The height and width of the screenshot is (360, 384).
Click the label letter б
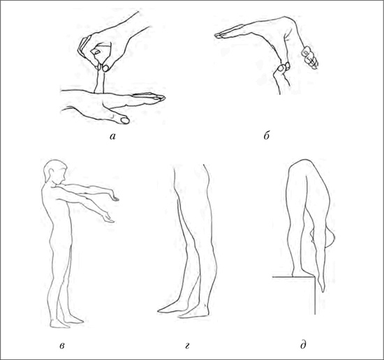pos(267,135)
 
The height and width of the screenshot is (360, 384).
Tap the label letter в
pos(62,346)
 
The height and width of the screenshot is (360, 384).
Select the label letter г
pos(187,346)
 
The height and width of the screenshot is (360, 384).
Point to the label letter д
pos(303,346)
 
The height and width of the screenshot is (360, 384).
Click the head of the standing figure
pos(55,172)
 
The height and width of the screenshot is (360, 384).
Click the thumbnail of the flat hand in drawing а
pos(125,121)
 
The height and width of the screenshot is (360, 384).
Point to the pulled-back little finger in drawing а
pos(100,79)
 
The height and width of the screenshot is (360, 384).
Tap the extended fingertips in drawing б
pos(219,36)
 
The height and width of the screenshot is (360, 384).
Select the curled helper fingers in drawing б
pos(310,57)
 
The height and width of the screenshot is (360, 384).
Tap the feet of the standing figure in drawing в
pos(66,322)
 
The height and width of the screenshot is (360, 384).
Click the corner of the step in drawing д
pos(315,277)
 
